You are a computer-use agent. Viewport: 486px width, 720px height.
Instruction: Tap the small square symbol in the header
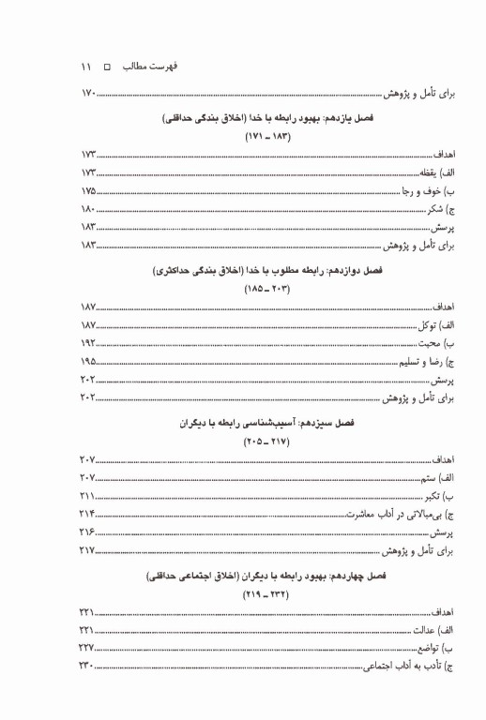pos(105,68)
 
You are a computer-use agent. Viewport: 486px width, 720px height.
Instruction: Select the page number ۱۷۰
pos(88,94)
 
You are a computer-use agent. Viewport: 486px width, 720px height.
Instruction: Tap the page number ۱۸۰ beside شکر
pos(88,209)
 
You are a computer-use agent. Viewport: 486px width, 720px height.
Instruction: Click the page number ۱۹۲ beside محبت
pos(88,343)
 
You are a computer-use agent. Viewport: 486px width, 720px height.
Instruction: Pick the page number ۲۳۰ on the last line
pos(88,667)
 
